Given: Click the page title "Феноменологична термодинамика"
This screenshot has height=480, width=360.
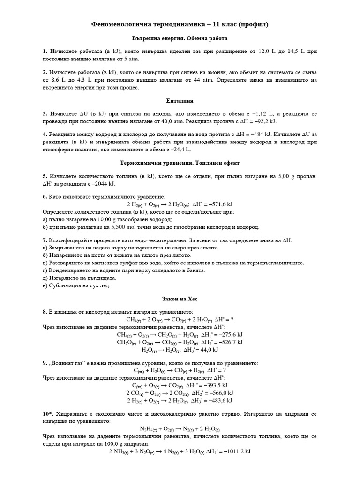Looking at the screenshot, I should pos(150,24).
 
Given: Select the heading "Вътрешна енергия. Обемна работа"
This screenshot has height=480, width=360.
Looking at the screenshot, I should pos(180,39).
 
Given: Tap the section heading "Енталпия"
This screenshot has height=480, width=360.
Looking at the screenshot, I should pos(180,101).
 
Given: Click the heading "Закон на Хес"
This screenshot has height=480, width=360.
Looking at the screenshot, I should pos(180,298).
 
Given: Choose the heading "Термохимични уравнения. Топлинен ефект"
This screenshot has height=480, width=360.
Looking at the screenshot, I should pos(180,163).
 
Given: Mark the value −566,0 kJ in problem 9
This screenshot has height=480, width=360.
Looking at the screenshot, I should pos(218,393).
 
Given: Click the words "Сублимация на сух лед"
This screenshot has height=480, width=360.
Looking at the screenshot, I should pos(79,285).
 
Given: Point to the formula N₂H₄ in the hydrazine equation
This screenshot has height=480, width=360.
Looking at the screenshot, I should pos(149,429).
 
